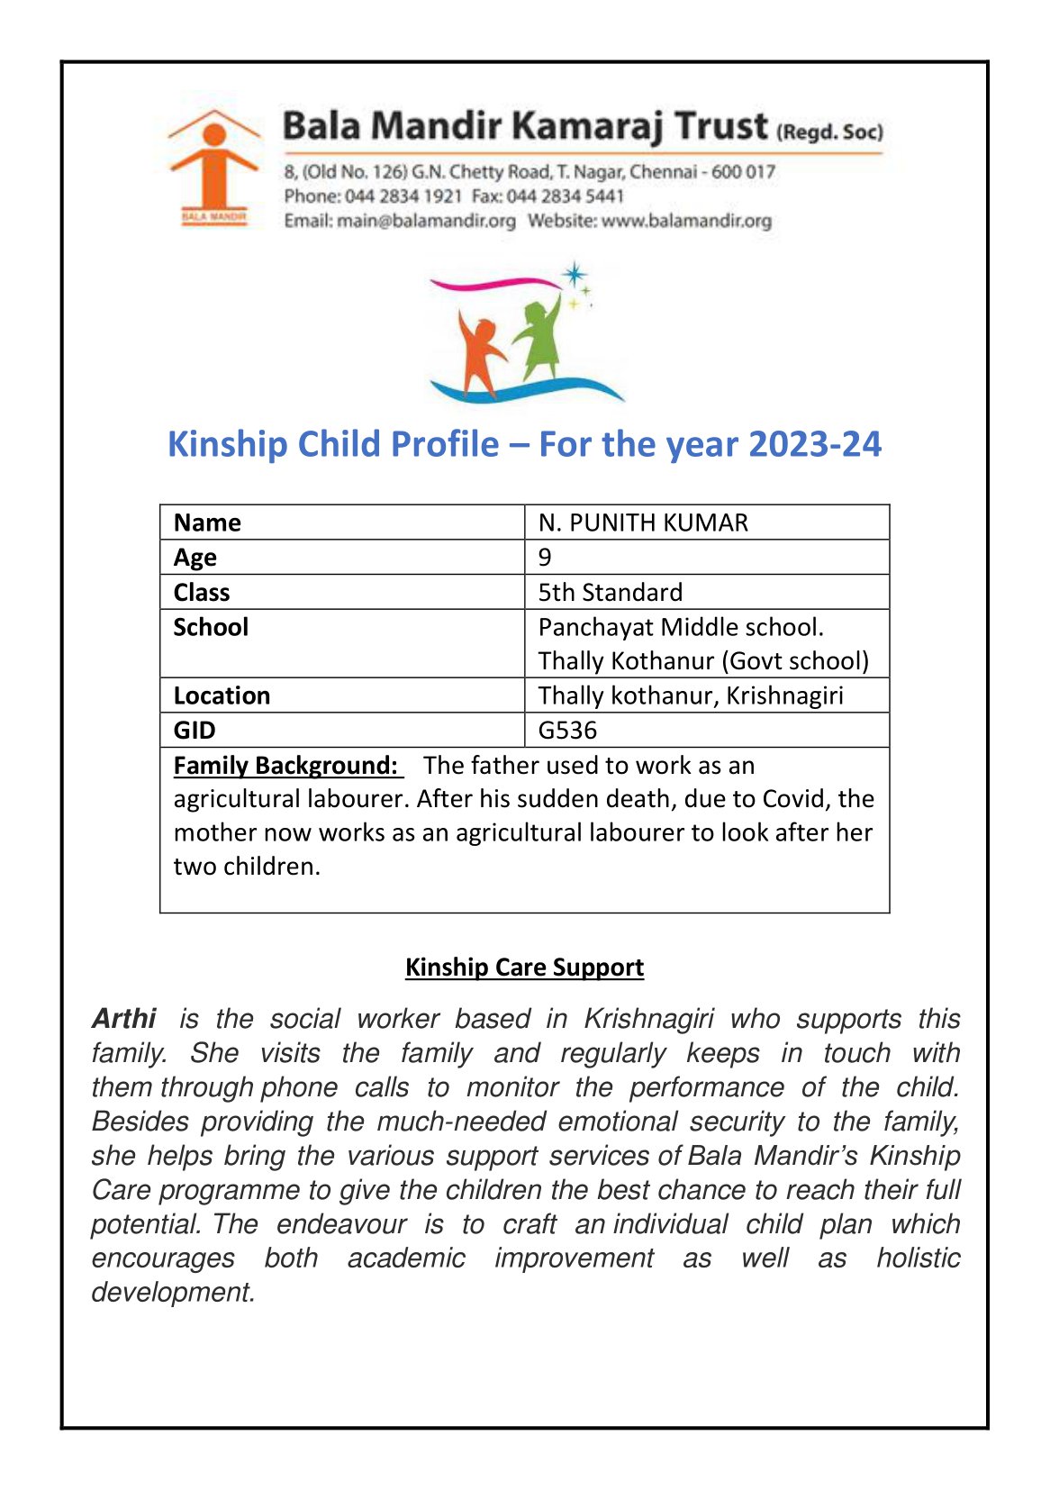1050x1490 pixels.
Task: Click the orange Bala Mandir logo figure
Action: pyautogui.click(x=213, y=168)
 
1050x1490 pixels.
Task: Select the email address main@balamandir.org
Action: pyautogui.click(x=426, y=221)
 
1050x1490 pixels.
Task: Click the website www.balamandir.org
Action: pyautogui.click(x=686, y=221)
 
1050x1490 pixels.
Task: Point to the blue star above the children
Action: pyautogui.click(x=574, y=275)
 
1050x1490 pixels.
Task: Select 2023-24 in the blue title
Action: pyautogui.click(x=814, y=445)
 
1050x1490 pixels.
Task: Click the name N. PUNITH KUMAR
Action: pyautogui.click(x=643, y=522)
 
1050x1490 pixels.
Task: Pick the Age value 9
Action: pyautogui.click(x=545, y=558)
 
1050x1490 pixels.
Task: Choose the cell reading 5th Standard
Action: pyautogui.click(x=610, y=592)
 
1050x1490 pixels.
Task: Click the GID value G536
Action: pyautogui.click(x=567, y=730)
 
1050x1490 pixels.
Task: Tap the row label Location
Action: pyautogui.click(x=222, y=695)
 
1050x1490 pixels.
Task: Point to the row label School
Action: pyautogui.click(x=211, y=627)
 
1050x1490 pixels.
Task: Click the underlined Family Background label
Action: pyautogui.click(x=286, y=765)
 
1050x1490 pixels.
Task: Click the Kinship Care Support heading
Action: pyautogui.click(x=524, y=967)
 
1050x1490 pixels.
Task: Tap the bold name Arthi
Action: pyautogui.click(x=124, y=1019)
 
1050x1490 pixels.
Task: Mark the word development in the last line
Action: pyautogui.click(x=173, y=1292)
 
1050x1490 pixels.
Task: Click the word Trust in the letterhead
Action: pyautogui.click(x=721, y=126)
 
